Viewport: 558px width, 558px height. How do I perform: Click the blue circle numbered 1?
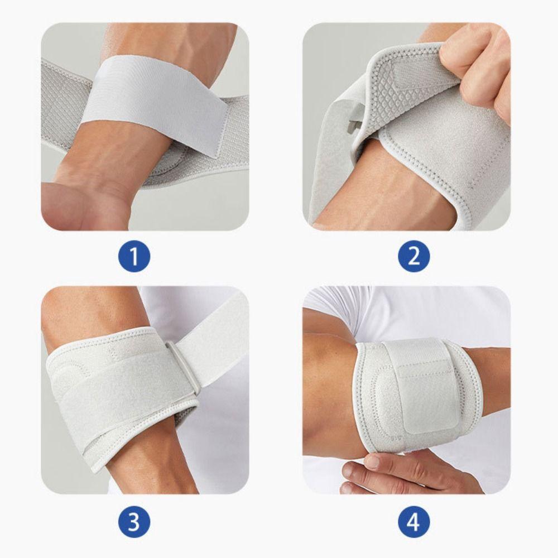click(x=134, y=257)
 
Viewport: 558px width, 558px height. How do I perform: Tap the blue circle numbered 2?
click(x=414, y=257)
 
